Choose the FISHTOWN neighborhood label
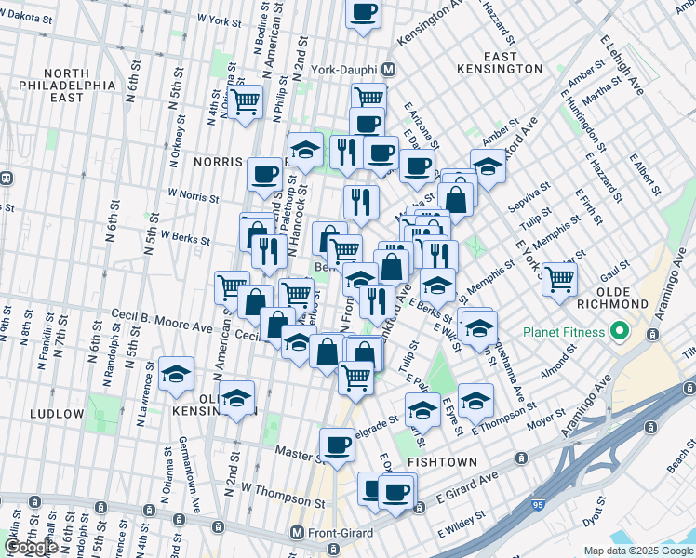click(x=442, y=461)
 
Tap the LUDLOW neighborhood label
click(x=57, y=413)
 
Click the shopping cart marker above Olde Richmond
click(x=559, y=278)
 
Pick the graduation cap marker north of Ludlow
click(x=176, y=374)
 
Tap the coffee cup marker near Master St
click(x=337, y=444)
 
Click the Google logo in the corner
click(x=31, y=547)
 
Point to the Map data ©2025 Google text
click(x=638, y=551)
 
